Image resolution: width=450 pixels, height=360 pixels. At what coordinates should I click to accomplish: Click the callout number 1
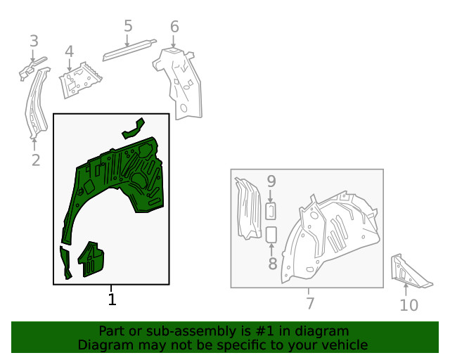tap(112, 300)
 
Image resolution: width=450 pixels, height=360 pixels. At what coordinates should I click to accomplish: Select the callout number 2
tap(36, 160)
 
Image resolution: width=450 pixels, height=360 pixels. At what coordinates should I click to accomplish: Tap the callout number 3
tap(34, 41)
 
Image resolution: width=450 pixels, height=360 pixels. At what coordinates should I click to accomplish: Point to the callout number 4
tap(69, 51)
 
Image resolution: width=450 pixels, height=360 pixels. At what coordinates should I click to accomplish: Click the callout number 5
tap(128, 27)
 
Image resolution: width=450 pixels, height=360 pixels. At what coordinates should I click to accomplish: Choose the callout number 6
tap(174, 27)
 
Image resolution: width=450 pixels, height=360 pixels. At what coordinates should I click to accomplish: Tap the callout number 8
tap(272, 264)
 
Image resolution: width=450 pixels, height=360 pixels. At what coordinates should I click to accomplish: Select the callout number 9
tap(271, 181)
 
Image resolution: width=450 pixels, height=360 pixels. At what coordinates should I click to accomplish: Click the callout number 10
tap(409, 305)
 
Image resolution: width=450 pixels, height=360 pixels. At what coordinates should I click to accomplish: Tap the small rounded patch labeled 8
tap(272, 234)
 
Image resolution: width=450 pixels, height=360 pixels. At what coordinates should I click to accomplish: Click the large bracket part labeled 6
tap(181, 81)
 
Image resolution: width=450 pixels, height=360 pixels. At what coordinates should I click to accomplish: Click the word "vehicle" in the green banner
tap(343, 345)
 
